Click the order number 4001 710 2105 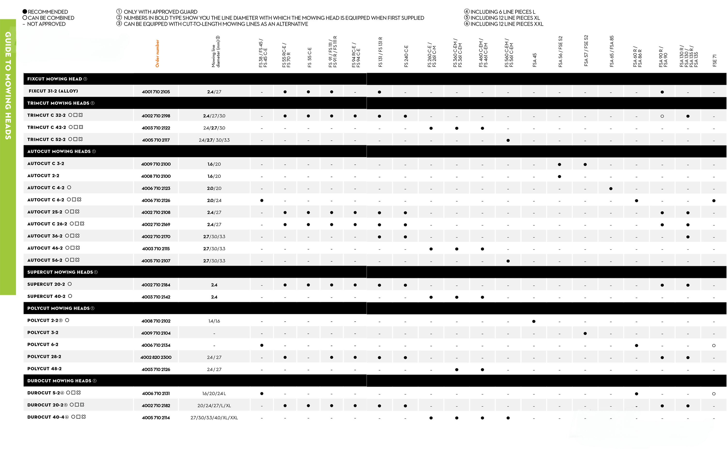(156, 92)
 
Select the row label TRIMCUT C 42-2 (46, 127)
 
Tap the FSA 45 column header (534, 60)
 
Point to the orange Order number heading (157, 53)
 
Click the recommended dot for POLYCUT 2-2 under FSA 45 (534, 321)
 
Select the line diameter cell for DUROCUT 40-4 (214, 418)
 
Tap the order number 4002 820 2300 (156, 357)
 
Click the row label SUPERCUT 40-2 (46, 296)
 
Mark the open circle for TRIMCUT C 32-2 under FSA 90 (662, 116)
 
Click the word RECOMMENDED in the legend (47, 12)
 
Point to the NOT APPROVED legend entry (46, 24)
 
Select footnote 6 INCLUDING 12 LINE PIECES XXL (506, 24)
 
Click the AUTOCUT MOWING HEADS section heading (59, 152)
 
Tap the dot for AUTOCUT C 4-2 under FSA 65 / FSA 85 (611, 189)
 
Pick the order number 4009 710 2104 (156, 333)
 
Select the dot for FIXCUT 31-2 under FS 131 (379, 92)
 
